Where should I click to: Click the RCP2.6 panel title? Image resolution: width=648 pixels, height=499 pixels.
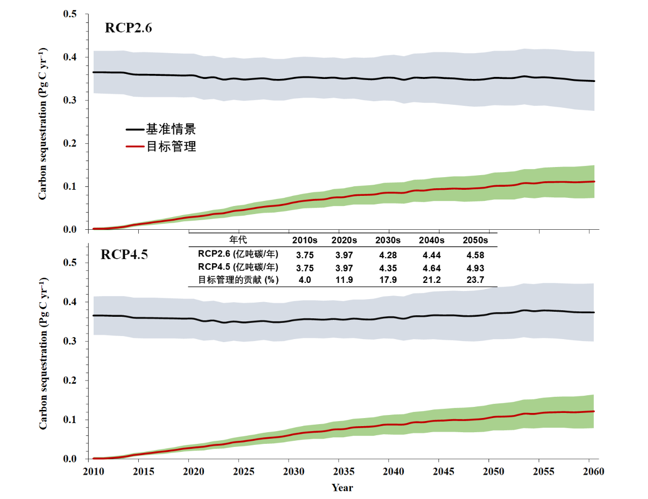[128, 28]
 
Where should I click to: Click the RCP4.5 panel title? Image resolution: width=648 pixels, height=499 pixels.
[124, 254]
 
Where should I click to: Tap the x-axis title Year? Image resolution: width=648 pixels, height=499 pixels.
[342, 487]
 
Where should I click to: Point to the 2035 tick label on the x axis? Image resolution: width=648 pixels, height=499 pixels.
[344, 472]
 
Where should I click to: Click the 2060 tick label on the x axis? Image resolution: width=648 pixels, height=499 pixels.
[593, 472]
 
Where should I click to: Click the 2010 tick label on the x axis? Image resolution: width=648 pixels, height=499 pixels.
[94, 472]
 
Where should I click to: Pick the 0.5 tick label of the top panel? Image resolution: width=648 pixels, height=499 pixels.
[70, 14]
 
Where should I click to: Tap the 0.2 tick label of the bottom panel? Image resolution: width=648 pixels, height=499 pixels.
[70, 381]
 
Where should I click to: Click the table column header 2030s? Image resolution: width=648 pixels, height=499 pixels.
[388, 240]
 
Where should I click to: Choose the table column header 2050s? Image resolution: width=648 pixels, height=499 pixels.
[475, 240]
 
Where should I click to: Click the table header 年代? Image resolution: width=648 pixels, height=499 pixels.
[238, 240]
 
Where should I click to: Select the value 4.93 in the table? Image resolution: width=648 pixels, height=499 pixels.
[475, 268]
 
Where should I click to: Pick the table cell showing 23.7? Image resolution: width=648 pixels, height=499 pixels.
[475, 280]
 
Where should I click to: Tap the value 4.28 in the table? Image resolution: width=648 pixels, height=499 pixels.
[388, 255]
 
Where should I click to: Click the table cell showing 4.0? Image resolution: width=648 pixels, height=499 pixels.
[305, 280]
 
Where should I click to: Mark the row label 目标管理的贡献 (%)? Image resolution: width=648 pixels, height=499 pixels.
[238, 280]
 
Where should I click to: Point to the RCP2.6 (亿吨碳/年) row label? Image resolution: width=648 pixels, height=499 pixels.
[238, 254]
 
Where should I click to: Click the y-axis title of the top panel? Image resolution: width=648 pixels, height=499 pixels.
[43, 124]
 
